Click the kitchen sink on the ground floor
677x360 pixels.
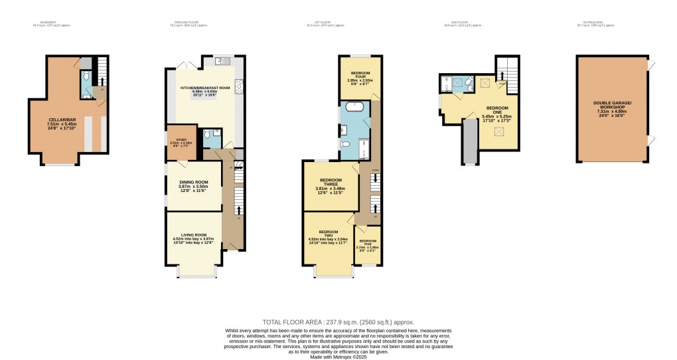pos(222,62)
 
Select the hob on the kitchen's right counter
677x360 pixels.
pos(239,92)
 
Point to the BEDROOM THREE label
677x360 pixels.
pos(329,184)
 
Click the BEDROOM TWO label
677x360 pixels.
pos(328,236)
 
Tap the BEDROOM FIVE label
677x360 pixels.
pos(368,244)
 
